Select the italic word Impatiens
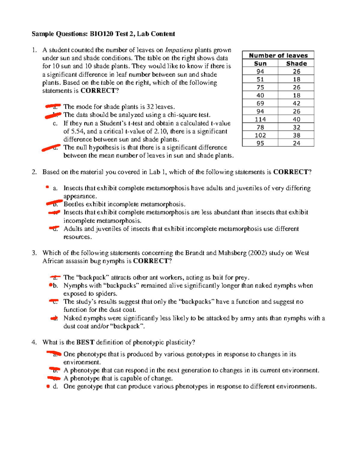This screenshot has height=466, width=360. (179, 50)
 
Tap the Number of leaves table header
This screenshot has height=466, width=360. (278, 56)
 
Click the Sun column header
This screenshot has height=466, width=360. (260, 64)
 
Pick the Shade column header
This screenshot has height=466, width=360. (296, 64)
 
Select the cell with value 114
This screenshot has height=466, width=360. (260, 119)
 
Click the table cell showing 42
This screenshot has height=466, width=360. (296, 104)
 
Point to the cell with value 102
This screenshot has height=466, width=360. (260, 135)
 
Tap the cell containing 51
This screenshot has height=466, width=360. (260, 80)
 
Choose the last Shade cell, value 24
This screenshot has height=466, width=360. (296, 143)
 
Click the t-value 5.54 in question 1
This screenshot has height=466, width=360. (78, 131)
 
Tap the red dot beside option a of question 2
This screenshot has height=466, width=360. (47, 187)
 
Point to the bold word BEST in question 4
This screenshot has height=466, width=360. (85, 342)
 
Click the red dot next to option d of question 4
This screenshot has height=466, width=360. (48, 386)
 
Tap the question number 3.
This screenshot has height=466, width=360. (34, 253)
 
